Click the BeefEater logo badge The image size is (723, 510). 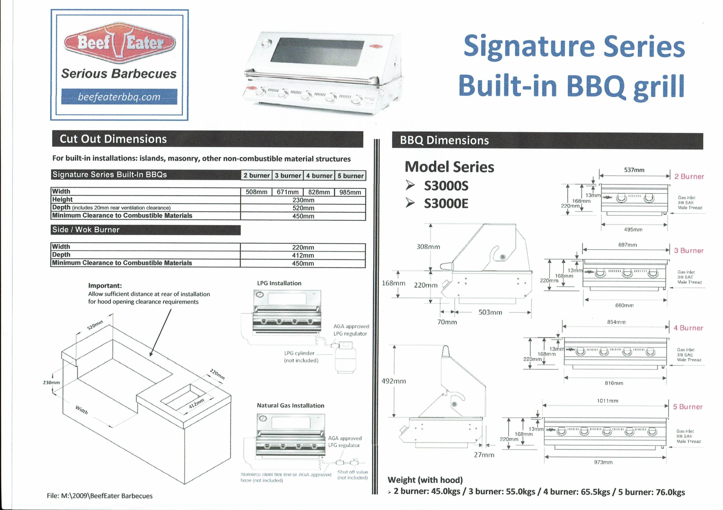[119, 43]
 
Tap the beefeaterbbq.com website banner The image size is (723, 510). [119, 97]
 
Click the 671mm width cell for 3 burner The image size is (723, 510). [288, 192]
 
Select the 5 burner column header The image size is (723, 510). [350, 175]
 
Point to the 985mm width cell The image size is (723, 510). [350, 192]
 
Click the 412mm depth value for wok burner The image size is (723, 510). [302, 255]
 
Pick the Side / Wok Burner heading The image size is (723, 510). [86, 230]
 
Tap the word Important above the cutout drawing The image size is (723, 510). [105, 286]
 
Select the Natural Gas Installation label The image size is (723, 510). [290, 405]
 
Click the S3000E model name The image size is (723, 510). [446, 203]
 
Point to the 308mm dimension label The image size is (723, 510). [428, 247]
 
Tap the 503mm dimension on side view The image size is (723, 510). [490, 312]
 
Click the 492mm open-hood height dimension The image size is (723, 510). [394, 381]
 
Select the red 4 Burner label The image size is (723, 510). [688, 328]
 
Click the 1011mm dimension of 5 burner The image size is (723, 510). [607, 401]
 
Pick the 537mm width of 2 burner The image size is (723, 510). [634, 170]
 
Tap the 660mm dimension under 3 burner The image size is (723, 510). [624, 305]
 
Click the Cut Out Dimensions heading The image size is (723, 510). [113, 139]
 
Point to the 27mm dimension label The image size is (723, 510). [484, 455]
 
